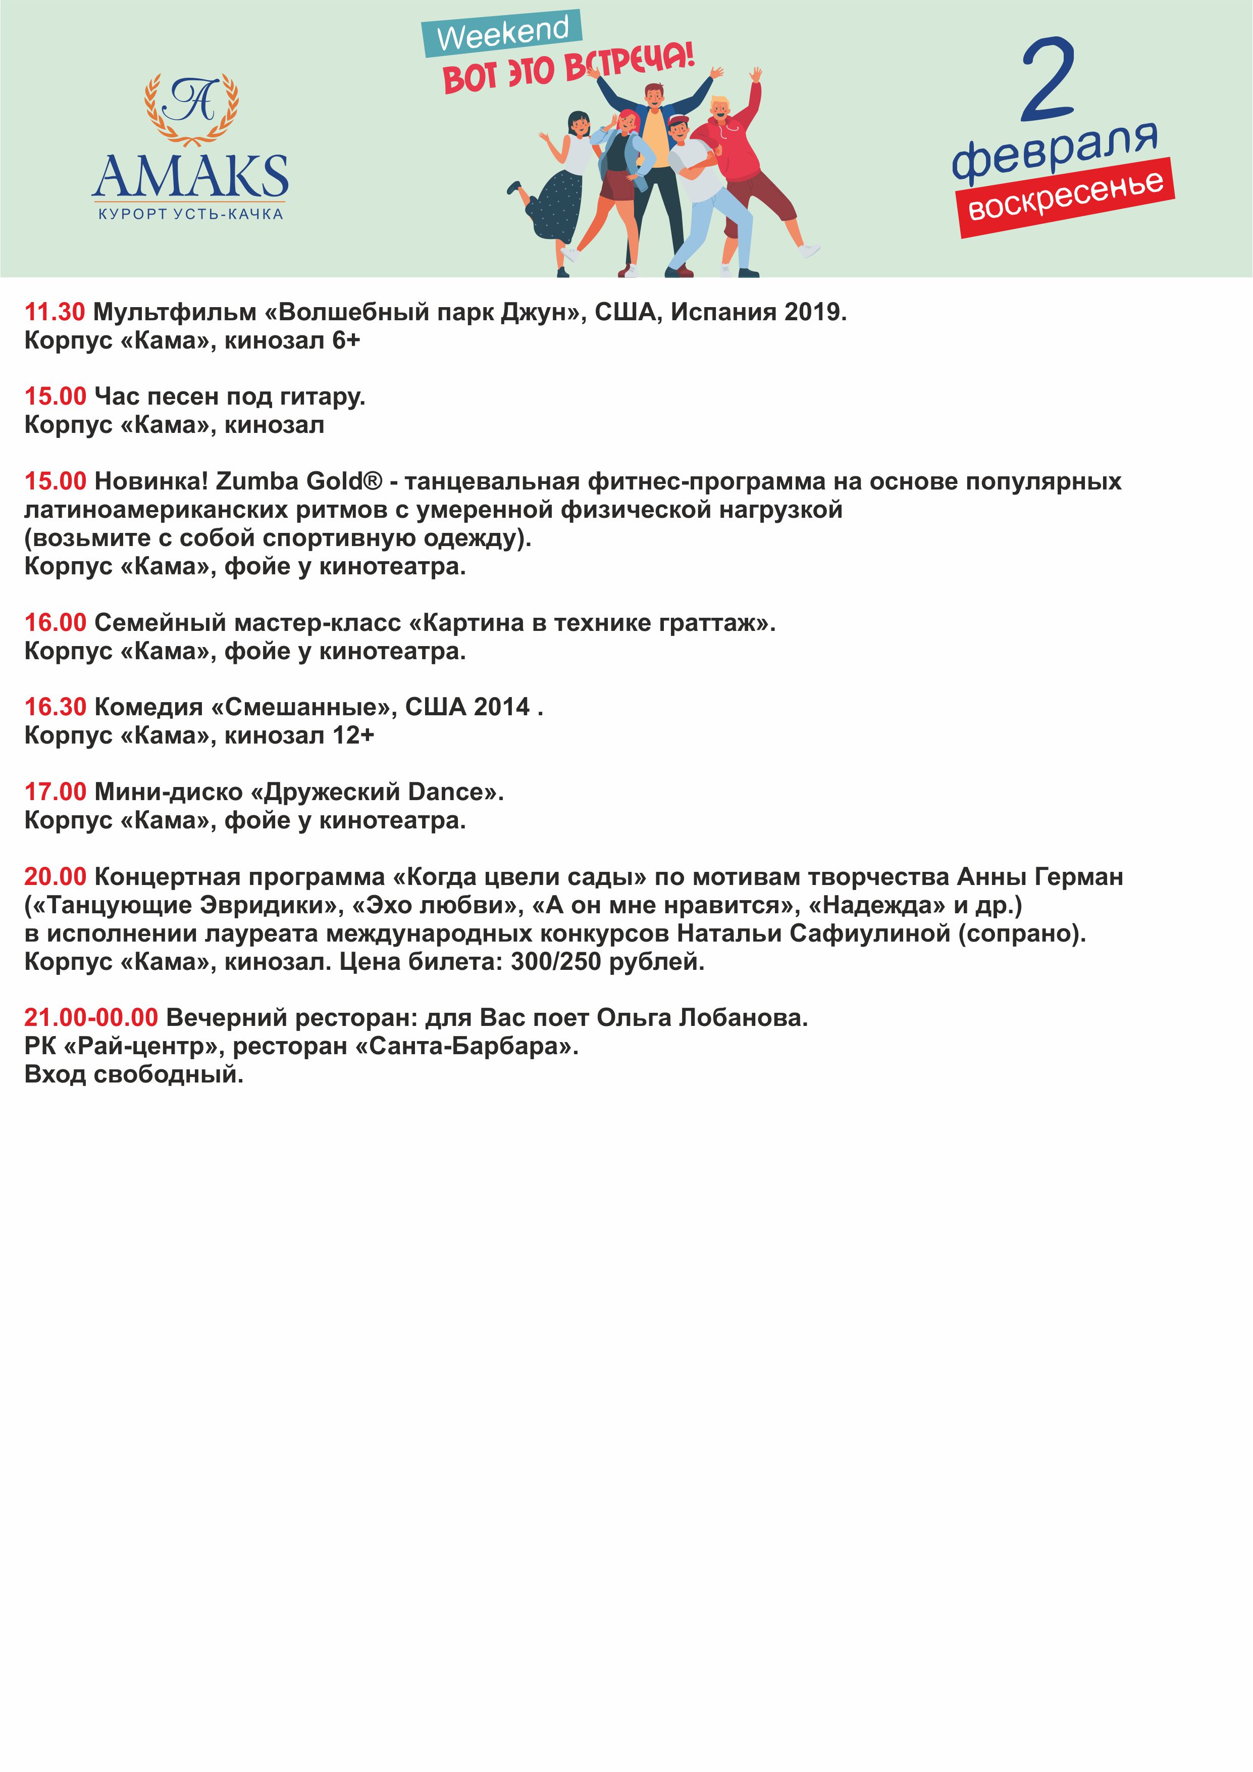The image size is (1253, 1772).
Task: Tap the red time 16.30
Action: (x=55, y=707)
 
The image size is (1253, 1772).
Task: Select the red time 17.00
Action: (x=55, y=792)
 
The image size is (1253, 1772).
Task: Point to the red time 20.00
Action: (x=55, y=877)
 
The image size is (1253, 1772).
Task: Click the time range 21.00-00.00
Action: (x=91, y=1018)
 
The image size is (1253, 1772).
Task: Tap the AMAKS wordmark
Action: (x=190, y=177)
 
